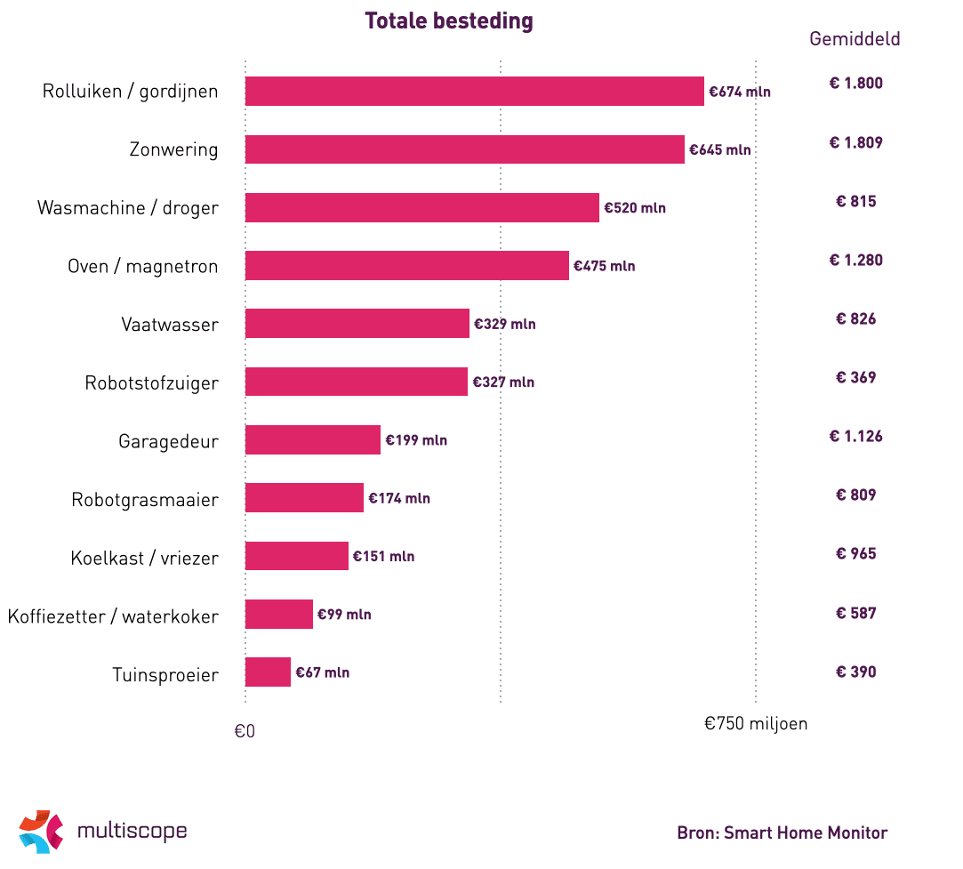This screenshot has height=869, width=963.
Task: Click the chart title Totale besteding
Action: pyautogui.click(x=448, y=21)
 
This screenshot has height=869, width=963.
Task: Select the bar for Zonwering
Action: pyautogui.click(x=464, y=149)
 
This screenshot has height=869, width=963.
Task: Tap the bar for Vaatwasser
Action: pyautogui.click(x=357, y=324)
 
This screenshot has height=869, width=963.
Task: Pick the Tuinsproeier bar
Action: pyautogui.click(x=268, y=672)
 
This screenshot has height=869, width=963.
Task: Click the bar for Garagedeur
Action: pyautogui.click(x=312, y=440)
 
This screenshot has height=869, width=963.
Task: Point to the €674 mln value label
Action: pyautogui.click(x=740, y=92)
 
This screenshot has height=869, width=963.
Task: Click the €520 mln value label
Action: pyautogui.click(x=635, y=208)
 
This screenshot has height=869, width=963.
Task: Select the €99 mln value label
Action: pyautogui.click(x=344, y=615)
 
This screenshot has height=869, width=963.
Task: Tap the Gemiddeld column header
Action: pyautogui.click(x=855, y=39)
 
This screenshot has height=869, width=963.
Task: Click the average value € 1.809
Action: pyautogui.click(x=855, y=142)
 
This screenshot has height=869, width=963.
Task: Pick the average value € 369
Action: pyautogui.click(x=855, y=377)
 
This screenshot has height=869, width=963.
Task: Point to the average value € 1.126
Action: pyautogui.click(x=855, y=436)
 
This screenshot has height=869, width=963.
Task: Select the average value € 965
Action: pyautogui.click(x=855, y=553)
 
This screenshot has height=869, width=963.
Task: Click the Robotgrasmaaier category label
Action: pyautogui.click(x=145, y=500)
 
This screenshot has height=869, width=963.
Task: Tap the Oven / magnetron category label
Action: pyautogui.click(x=143, y=266)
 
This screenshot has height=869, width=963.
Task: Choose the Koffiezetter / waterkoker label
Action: pyautogui.click(x=113, y=616)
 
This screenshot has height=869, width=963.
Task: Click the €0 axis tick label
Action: pyautogui.click(x=245, y=731)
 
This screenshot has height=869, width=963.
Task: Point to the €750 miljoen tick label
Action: pyautogui.click(x=756, y=723)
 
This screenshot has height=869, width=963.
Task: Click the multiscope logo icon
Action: pyautogui.click(x=41, y=832)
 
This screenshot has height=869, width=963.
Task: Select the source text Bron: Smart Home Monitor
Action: pyautogui.click(x=782, y=833)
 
